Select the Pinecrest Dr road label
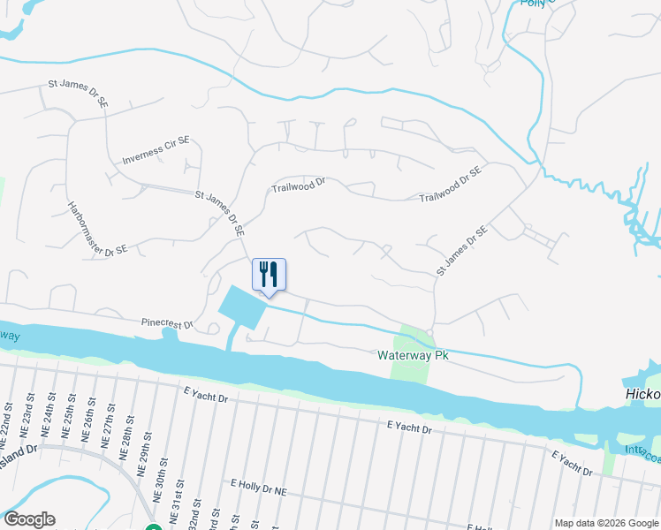(x=165, y=323)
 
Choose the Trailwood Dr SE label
(x=451, y=183)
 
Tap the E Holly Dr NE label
(x=260, y=487)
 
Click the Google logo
(x=29, y=519)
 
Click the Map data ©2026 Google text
(x=605, y=523)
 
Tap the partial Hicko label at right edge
(x=641, y=396)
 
